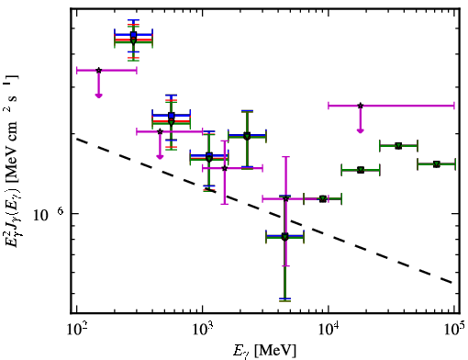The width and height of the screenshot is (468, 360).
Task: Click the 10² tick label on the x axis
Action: [77, 329]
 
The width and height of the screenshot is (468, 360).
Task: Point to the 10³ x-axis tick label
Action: [203, 329]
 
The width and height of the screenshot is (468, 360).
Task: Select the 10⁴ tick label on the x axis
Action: [329, 329]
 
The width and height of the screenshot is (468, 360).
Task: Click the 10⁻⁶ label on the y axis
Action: [48, 214]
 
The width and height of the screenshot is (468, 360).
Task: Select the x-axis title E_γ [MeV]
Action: [264, 351]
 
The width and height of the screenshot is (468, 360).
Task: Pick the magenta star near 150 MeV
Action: [98, 71]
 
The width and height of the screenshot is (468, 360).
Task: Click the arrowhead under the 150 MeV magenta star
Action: [98, 96]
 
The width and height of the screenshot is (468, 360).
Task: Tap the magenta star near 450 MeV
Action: [160, 131]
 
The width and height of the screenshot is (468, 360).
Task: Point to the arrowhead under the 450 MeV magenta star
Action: [160, 157]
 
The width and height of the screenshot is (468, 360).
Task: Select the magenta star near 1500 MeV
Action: [225, 168]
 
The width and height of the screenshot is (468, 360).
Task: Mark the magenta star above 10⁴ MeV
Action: [361, 106]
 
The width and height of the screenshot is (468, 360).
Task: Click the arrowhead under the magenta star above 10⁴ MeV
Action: [361, 131]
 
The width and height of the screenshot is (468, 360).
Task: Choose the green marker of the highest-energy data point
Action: [437, 164]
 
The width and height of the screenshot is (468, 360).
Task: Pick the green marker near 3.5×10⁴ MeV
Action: [398, 146]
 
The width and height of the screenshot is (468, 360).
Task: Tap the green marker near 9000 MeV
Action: [323, 199]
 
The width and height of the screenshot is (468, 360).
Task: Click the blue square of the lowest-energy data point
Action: [133, 34]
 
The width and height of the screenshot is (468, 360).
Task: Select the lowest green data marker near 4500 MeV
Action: [284, 237]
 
